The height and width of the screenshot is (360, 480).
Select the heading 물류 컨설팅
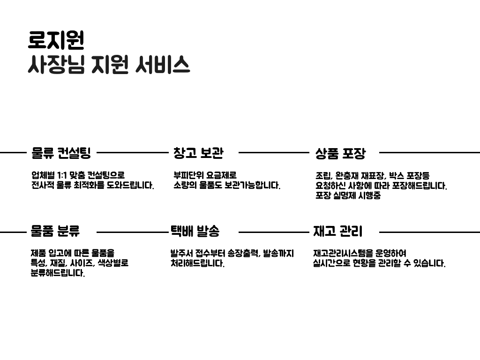point(61,153)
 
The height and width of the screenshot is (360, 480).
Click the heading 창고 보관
point(198,153)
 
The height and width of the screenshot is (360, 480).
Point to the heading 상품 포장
point(340,153)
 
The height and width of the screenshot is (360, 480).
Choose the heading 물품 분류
point(55,231)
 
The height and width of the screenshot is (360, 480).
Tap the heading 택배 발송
point(195,231)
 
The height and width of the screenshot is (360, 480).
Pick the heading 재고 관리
point(337,231)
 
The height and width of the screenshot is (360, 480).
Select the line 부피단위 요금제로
point(205,176)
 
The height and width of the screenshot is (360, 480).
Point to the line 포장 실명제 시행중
point(348,196)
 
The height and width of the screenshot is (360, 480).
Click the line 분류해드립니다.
point(58,273)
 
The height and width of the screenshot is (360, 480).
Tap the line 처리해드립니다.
point(197,263)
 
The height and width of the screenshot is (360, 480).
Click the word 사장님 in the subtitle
point(56,65)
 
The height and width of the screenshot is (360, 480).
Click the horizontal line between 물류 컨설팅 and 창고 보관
point(132,152)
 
